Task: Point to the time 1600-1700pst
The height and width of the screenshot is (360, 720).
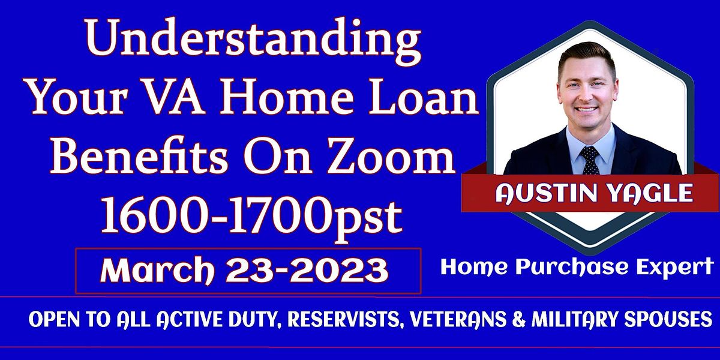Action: point(251,217)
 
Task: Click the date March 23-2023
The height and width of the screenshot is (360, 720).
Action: point(245,271)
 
